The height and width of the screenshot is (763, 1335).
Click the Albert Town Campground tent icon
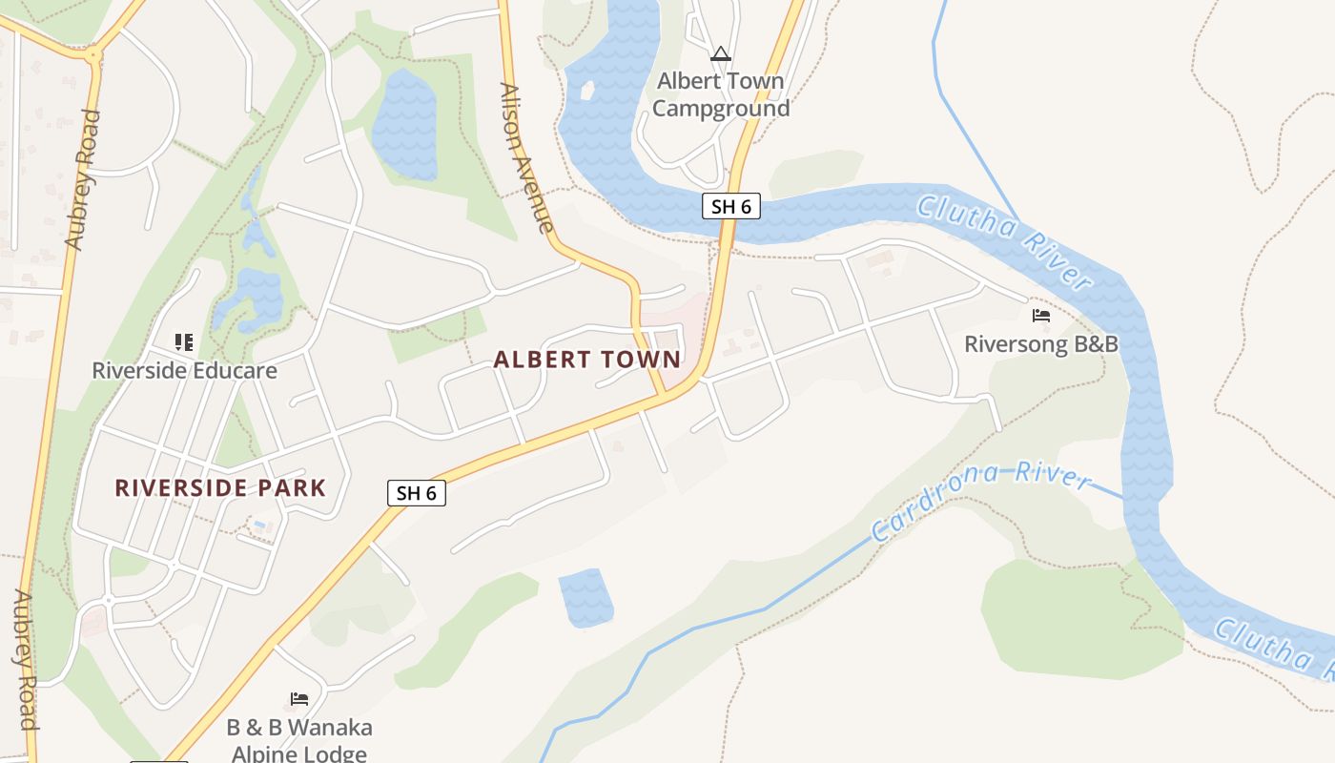coord(721,54)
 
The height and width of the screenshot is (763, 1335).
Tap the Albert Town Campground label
coord(721,94)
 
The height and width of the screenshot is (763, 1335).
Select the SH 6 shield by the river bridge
coord(731,206)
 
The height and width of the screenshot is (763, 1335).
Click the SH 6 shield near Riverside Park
coord(417,493)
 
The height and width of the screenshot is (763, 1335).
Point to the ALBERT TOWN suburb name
coord(587,360)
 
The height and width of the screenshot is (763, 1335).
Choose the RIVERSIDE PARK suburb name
coord(220,488)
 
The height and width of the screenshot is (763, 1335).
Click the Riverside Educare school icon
coord(184,341)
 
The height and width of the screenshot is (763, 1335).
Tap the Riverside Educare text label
coord(184,370)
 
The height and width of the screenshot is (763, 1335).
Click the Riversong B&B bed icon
coord(1040,315)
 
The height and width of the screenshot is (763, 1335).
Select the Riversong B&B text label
coord(1040,343)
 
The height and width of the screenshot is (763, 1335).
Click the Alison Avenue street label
coord(526,157)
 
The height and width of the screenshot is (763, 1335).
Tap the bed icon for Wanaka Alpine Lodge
coord(299,699)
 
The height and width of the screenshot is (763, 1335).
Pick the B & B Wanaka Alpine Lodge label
coord(299,740)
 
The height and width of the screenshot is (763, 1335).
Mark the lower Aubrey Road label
coord(25,658)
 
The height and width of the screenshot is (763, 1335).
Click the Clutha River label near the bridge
coord(1003,241)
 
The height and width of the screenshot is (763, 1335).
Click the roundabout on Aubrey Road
coord(92,56)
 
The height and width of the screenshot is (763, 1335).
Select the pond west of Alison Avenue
coord(405,124)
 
